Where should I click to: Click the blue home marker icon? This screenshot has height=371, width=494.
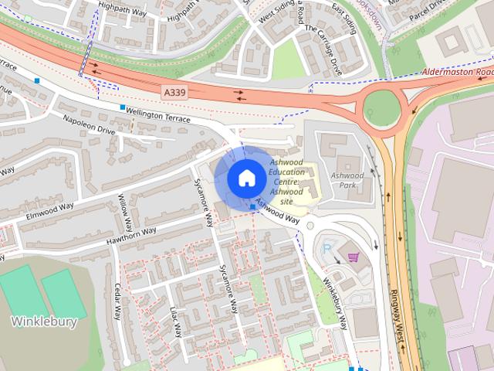point(246,179)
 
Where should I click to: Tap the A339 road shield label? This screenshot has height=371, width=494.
point(174,92)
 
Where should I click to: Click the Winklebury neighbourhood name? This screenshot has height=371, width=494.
point(44,322)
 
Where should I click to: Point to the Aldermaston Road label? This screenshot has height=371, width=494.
point(458,73)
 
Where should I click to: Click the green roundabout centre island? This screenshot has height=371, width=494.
point(381,105)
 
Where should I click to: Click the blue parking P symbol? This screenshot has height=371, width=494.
point(327,248)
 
